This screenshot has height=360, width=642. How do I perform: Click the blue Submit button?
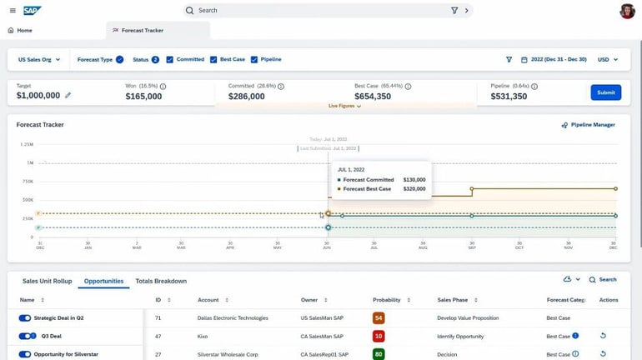point(605,92)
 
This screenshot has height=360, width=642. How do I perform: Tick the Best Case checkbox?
point(214,59)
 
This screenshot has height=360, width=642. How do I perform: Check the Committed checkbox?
point(170,59)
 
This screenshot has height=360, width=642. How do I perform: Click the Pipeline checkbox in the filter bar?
point(254,59)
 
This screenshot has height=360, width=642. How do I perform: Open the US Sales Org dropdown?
point(40,59)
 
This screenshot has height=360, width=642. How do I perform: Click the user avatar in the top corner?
point(627,11)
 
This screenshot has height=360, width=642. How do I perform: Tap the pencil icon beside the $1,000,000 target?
point(68,96)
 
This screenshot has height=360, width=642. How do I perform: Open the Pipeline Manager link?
point(589,125)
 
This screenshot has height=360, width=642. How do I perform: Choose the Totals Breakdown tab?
point(161,281)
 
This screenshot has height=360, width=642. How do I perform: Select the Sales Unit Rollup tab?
point(48,281)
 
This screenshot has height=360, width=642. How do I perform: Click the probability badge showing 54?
point(379,317)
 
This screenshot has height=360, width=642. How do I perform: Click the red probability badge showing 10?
point(379,336)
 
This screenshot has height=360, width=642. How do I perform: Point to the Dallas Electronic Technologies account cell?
point(233,317)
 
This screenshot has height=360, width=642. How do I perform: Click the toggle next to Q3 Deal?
point(25,336)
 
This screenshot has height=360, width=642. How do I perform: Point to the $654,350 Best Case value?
point(373,96)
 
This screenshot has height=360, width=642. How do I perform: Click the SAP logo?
point(32,11)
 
